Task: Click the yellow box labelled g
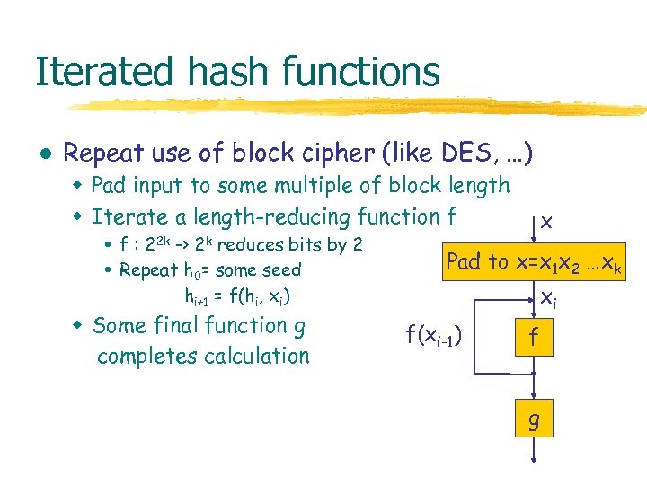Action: (x=534, y=420)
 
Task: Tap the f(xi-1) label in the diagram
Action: (x=434, y=337)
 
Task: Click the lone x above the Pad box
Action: (x=546, y=221)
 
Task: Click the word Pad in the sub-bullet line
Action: (x=110, y=186)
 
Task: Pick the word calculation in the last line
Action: (x=256, y=356)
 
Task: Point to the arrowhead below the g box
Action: (x=534, y=460)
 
